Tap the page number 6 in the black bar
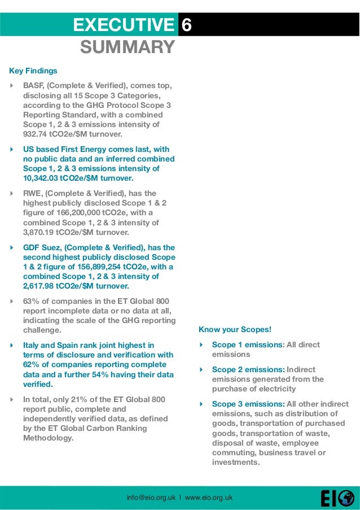(187, 25)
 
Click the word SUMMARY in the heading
(127, 47)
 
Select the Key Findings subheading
(33, 71)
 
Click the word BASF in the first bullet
(33, 86)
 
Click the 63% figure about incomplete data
(30, 301)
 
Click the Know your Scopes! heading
(235, 329)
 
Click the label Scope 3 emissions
(247, 404)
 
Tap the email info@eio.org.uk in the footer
(151, 498)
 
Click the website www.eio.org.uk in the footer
(209, 498)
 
